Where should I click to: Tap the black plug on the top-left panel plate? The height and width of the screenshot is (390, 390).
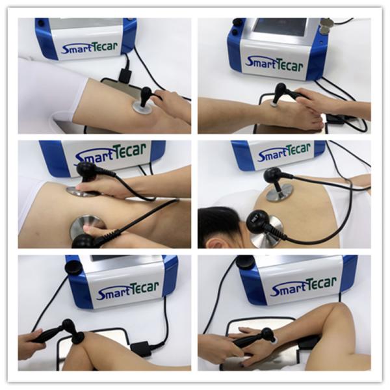[125, 74]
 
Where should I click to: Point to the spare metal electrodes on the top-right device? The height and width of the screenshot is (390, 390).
[326, 26]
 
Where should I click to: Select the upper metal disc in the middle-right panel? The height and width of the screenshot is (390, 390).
[279, 192]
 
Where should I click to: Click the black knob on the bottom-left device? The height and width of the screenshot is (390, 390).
[73, 266]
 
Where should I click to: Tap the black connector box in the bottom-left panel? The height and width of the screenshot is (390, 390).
[141, 348]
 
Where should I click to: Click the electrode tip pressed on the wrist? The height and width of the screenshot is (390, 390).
[274, 339]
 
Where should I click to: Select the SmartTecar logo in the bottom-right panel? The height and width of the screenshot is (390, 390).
[303, 286]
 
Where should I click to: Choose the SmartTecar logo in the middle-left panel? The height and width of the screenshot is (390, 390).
[110, 154]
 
